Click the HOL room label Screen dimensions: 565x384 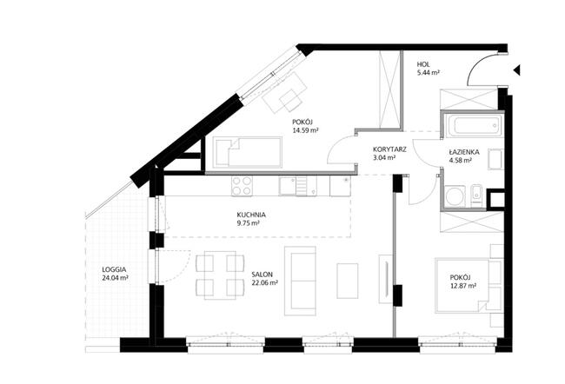423,64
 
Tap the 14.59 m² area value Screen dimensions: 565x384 305,130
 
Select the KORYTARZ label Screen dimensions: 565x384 389,149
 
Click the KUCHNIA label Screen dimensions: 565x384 251,215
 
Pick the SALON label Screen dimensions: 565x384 262,275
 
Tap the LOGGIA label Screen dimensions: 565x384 114,269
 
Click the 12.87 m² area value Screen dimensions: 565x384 463,286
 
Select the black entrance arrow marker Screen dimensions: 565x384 517,70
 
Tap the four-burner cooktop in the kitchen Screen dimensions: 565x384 242,186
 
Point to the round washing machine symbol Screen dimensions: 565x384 455,196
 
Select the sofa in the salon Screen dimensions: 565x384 300,281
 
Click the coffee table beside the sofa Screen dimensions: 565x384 348,281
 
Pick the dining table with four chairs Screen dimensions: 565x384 220,275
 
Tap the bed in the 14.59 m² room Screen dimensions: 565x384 248,152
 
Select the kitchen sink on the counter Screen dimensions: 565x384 297,186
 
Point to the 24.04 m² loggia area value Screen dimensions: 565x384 116,278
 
